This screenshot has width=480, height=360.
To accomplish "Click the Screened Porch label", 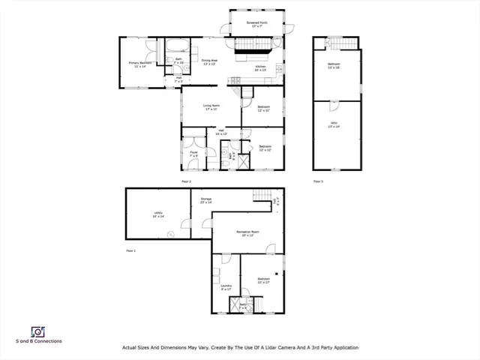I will click(x=257, y=24).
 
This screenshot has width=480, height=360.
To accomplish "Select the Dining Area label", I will click(x=208, y=61).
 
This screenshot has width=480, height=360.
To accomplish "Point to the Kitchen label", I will click(x=260, y=68).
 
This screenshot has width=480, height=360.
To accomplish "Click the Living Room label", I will click(x=211, y=107).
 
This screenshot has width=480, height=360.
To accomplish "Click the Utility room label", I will click(x=159, y=214).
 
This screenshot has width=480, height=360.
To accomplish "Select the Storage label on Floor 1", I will click(x=205, y=200).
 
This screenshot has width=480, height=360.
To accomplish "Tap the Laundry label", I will click(x=225, y=287).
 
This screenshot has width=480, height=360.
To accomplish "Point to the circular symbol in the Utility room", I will click(x=172, y=234).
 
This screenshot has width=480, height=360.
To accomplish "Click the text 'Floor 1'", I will click(x=130, y=250).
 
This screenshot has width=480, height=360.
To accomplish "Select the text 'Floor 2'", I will click(x=186, y=181).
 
